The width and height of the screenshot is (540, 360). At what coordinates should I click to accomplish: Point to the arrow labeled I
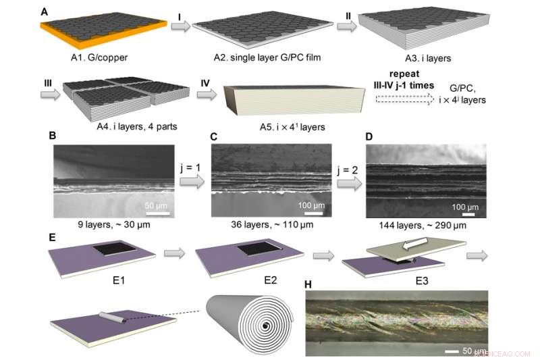180,26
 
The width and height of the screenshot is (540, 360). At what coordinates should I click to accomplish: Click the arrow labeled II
346,26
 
